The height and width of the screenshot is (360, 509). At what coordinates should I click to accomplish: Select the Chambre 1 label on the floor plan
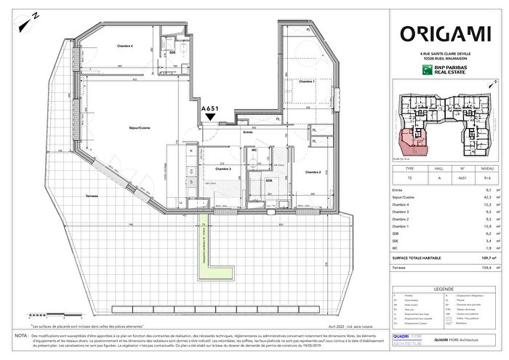[x=307, y=82]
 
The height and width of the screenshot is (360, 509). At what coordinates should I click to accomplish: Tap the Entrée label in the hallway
[x=247, y=133]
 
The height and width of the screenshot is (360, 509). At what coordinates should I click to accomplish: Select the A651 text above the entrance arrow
[x=210, y=108]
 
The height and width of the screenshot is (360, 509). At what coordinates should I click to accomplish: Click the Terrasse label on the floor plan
[x=91, y=197]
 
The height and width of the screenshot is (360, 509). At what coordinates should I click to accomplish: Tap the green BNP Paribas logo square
[x=428, y=71]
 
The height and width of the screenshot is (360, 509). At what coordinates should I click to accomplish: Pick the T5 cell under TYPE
[x=408, y=176]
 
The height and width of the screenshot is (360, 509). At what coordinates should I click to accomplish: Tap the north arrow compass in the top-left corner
[x=29, y=18]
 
